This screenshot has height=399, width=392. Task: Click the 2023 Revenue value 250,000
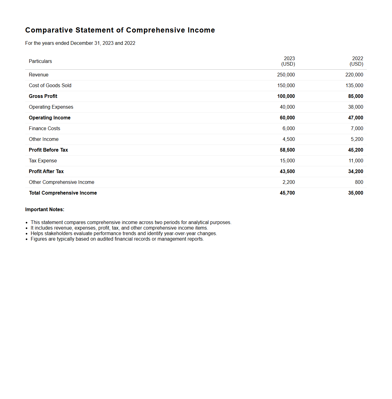pos(286,75)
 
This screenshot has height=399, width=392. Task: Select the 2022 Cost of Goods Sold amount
pos(354,86)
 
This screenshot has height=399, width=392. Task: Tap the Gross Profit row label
pos(43,96)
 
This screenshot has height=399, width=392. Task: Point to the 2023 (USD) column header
pos(288,61)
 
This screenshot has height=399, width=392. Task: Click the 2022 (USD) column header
pos(357,61)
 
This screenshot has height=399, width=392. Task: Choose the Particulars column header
pos(40,61)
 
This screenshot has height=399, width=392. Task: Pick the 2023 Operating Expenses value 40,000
pos(287,107)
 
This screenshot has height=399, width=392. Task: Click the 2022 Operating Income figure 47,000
pos(355,118)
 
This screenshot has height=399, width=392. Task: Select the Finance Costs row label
pos(44,129)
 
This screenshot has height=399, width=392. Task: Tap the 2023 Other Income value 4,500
pos(289,139)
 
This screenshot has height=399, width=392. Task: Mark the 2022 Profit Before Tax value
pos(355,150)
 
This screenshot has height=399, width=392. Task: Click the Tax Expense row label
pos(43,161)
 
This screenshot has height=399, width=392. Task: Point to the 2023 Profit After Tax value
pos(287,172)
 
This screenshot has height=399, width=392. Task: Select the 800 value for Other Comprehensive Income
pos(359,182)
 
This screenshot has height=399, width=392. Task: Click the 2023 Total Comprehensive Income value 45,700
pos(287,193)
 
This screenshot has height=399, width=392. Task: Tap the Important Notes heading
pos(45,210)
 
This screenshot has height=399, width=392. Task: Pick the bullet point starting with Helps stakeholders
pos(124,234)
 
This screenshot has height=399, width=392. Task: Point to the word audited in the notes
pos(106,239)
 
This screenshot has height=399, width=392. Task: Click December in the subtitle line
pos(82,43)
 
